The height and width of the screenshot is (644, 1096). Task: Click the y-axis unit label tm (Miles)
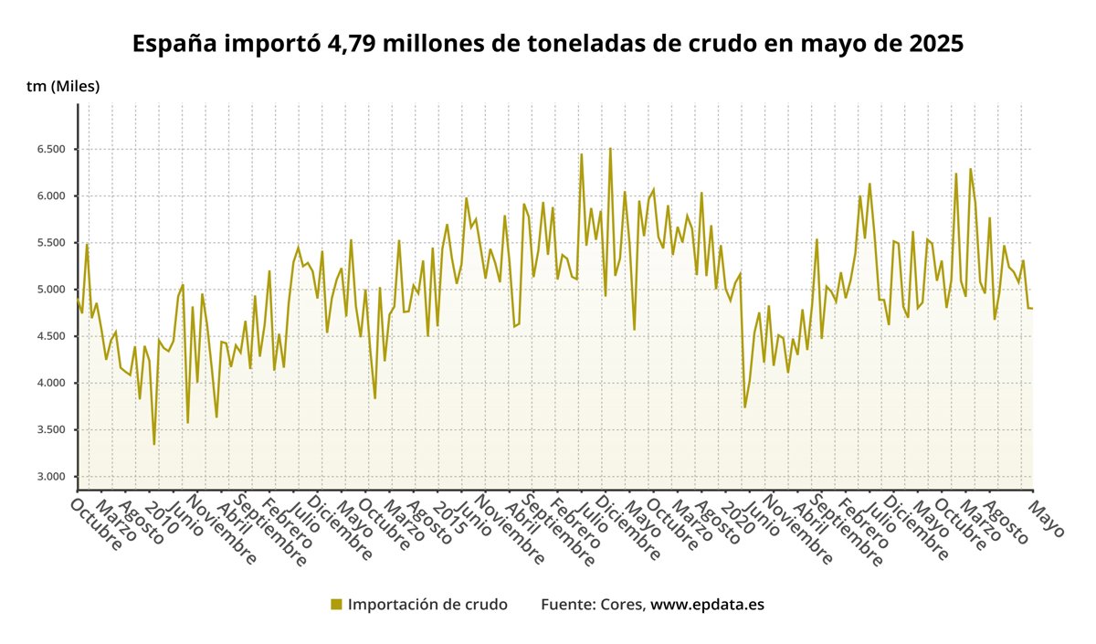pyautogui.click(x=63, y=87)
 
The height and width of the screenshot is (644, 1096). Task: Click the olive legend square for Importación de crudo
pyautogui.click(x=336, y=605)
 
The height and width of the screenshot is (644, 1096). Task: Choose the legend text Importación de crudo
pyautogui.click(x=427, y=605)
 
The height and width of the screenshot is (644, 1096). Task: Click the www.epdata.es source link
pyautogui.click(x=707, y=605)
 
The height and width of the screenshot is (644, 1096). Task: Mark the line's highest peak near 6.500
pyautogui.click(x=610, y=149)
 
